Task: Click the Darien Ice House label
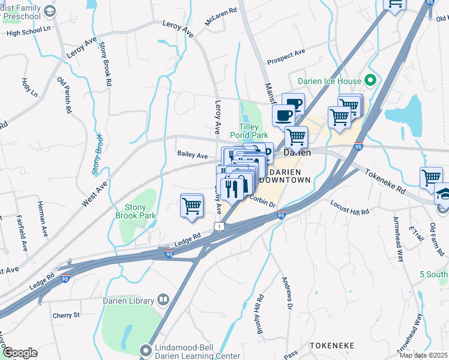(x=330, y=81)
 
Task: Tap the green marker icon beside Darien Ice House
(x=371, y=80)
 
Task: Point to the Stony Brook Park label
(x=136, y=211)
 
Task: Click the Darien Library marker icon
(x=163, y=299)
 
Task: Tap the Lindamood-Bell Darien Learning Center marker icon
(x=145, y=349)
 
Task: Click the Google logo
(x=19, y=353)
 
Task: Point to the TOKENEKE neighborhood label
(x=332, y=346)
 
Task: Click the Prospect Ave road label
(x=286, y=57)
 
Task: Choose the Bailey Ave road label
(x=192, y=155)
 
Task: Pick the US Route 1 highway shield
(x=220, y=225)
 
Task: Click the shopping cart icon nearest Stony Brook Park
(x=191, y=205)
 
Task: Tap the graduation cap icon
(x=443, y=195)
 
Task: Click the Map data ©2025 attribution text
(x=424, y=355)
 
